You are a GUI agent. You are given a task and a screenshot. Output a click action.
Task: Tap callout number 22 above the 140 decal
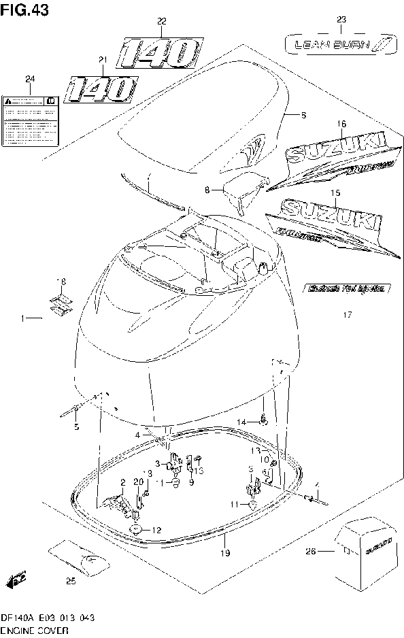coord(161,22)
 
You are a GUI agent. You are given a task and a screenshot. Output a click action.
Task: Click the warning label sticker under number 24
coord(30,109)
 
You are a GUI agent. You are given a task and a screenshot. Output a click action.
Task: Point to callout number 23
coord(341,19)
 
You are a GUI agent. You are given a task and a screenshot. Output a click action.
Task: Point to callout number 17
coord(347,315)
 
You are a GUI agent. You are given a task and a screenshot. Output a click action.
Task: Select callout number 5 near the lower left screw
coord(75,426)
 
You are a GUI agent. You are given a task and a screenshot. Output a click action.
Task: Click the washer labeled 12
coord(135,529)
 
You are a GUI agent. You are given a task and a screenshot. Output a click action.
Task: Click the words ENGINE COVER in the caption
coord(35,631)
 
